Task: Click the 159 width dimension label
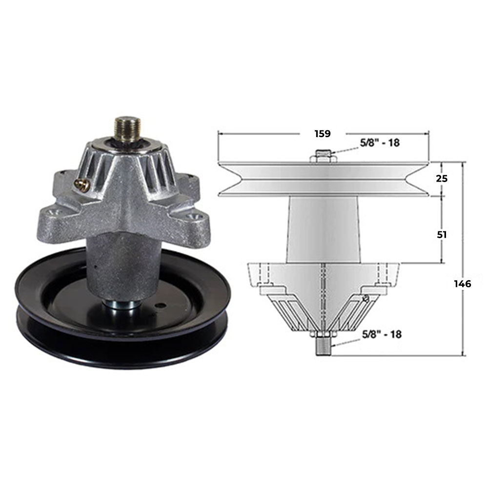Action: (322, 133)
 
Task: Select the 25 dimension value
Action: (441, 178)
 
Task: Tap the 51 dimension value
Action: (442, 234)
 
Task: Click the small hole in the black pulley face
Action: (158, 306)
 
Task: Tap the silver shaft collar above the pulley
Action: (120, 305)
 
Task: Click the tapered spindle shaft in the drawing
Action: (323, 229)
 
